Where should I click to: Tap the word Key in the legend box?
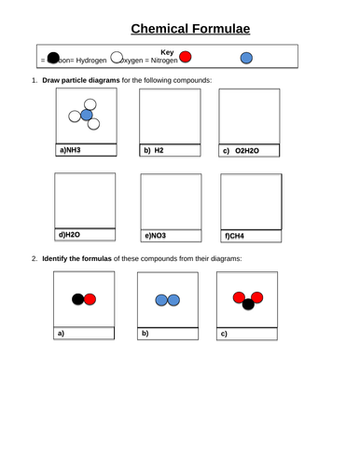point(168,51)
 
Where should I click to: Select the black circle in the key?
point(53,59)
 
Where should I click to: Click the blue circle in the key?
point(246,59)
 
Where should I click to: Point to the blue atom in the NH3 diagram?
point(87,116)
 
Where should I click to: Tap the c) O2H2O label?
point(240,149)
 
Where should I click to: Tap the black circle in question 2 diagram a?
point(78,299)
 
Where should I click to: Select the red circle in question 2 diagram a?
point(90,299)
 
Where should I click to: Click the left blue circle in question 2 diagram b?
point(161,299)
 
